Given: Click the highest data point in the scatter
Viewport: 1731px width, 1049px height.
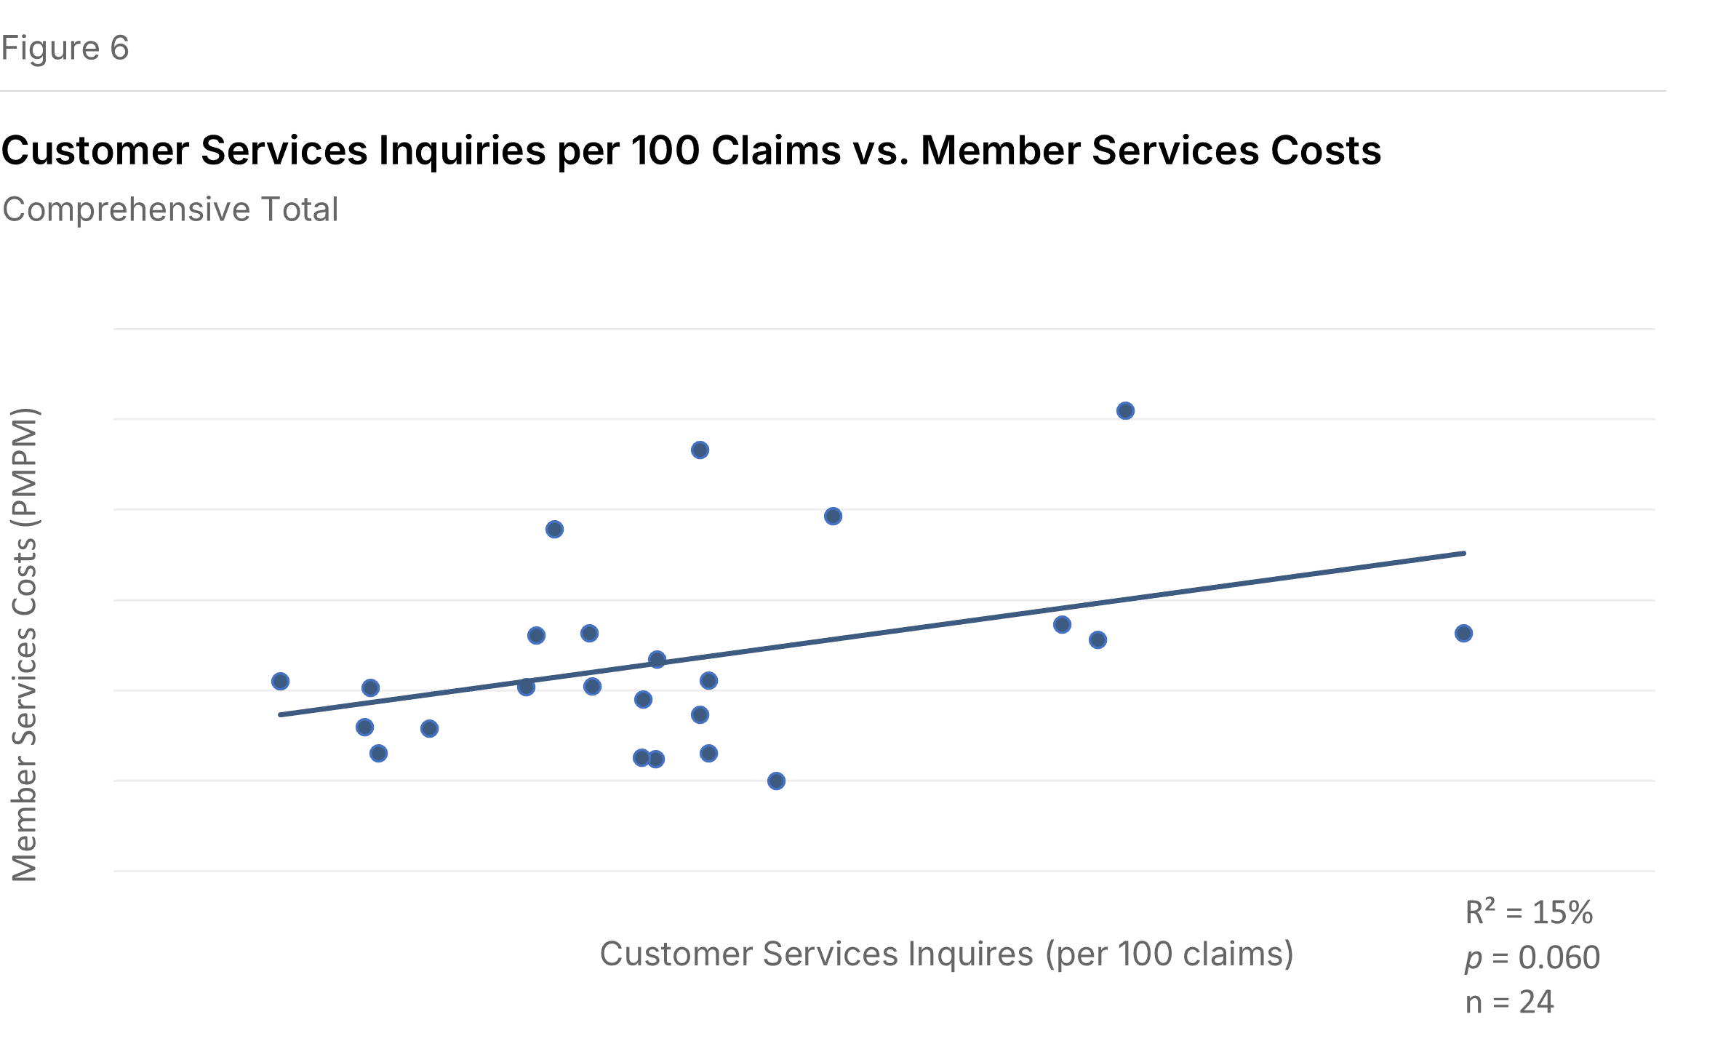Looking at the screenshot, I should click(x=1125, y=411).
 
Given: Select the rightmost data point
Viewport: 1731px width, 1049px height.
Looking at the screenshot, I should click(x=1464, y=634).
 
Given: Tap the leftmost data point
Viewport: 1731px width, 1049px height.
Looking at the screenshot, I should click(x=281, y=682).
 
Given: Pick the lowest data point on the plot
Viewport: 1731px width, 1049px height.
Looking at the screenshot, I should click(x=776, y=781).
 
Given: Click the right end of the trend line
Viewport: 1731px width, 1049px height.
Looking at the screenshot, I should click(x=1463, y=553).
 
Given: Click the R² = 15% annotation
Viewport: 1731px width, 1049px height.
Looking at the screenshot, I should click(x=1528, y=912).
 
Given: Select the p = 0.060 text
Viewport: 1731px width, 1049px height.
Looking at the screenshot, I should click(x=1532, y=957).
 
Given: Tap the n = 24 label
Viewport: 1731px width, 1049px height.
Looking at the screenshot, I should click(x=1508, y=1002).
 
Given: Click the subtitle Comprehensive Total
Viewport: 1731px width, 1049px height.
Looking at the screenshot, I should click(x=170, y=210).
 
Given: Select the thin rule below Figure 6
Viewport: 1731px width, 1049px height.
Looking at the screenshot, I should click(x=833, y=91).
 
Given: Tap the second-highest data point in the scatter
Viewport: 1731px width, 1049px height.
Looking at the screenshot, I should click(x=700, y=450).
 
